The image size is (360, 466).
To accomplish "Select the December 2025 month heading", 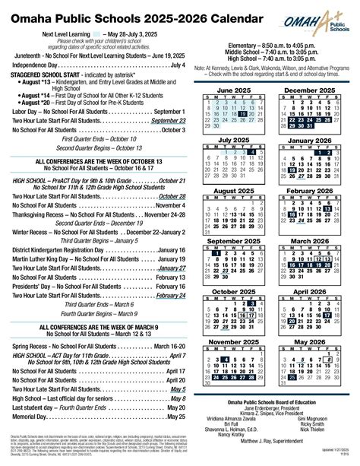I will coord(311,90).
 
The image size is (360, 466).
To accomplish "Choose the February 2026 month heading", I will coord(311,191).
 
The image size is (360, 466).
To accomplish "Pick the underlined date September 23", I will coord(167,121).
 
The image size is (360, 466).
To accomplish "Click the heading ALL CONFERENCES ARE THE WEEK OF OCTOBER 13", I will coord(94,162).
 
